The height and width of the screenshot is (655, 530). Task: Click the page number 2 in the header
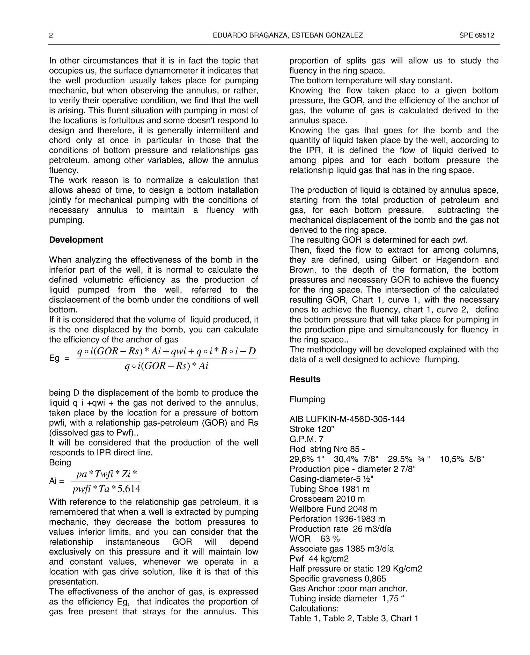tap(51, 35)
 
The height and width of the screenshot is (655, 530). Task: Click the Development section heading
tap(76, 240)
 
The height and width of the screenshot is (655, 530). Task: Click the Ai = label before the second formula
tap(56, 481)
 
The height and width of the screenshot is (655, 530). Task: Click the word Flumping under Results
tap(307, 399)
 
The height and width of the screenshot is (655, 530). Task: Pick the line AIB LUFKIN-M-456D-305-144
tap(347, 419)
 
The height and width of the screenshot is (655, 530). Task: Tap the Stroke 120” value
tap(311, 429)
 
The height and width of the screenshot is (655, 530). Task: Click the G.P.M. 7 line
tap(306, 439)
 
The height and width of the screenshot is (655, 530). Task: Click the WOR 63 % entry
tap(314, 539)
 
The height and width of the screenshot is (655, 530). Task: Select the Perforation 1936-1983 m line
tap(337, 519)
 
